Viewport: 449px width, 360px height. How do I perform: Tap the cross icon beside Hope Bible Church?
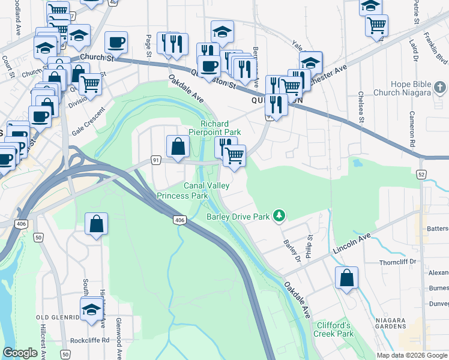439,88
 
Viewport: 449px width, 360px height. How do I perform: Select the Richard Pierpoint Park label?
215,127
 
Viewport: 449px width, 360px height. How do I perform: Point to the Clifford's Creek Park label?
334,329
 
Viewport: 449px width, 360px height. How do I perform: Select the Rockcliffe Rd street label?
89,340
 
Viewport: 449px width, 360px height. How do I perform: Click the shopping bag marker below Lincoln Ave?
346,278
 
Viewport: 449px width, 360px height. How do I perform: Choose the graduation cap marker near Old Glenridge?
91,309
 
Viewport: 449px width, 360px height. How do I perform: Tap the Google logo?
20,353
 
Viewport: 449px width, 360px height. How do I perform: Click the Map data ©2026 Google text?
412,355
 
